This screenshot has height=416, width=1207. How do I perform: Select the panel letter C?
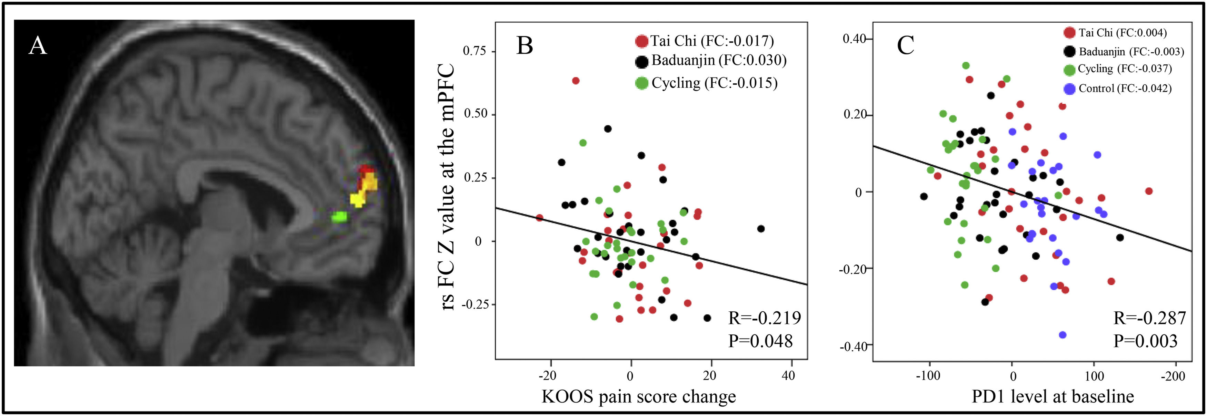click(x=905, y=46)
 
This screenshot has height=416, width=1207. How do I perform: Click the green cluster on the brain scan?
click(x=339, y=217)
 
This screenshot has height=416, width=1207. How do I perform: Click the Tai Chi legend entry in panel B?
click(x=705, y=41)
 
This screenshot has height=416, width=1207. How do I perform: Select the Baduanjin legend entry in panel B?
click(x=711, y=60)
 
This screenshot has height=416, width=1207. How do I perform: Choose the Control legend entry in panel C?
click(x=1117, y=89)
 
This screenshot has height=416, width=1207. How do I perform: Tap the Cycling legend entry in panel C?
click(x=1117, y=69)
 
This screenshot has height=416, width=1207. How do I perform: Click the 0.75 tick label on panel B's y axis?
click(x=474, y=51)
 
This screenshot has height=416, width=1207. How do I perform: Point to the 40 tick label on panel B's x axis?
click(x=789, y=375)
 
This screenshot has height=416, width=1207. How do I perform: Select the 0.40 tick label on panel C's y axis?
click(x=855, y=39)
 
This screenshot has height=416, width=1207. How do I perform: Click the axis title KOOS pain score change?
click(x=639, y=397)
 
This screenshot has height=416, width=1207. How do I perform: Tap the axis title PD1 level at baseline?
click(x=1053, y=397)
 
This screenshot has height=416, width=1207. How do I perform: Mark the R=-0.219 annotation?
click(x=764, y=318)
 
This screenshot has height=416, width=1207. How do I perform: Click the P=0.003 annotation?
click(x=1145, y=341)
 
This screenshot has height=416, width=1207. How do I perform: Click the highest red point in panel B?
click(x=576, y=81)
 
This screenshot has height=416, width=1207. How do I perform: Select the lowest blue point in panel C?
click(x=1062, y=335)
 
